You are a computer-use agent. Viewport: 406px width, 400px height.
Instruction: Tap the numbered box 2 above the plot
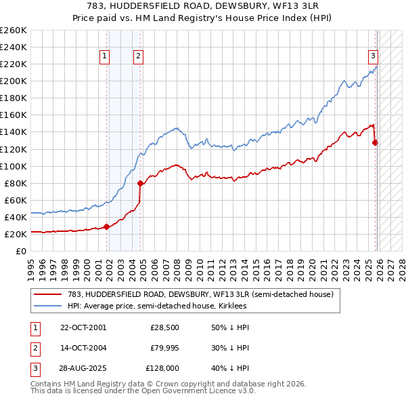point(137,57)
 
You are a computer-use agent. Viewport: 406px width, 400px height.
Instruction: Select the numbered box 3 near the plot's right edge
point(373,57)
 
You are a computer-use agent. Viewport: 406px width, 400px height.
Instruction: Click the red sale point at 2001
point(107,226)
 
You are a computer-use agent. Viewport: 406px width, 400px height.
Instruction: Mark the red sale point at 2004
point(140,183)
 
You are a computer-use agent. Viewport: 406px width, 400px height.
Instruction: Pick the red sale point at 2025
point(376,142)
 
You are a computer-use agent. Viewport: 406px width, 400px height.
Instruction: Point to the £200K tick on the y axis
point(14,81)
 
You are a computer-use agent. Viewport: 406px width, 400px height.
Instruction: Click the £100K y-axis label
point(14,166)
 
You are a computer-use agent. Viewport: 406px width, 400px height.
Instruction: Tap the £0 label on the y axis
point(20,251)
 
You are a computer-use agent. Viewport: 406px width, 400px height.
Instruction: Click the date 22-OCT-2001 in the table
point(83,327)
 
